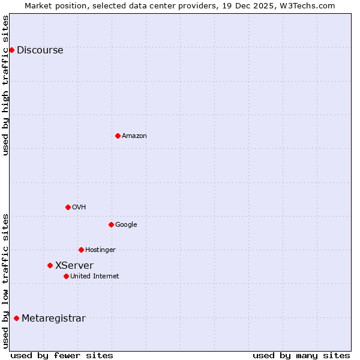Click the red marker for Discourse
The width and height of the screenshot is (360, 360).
pyautogui.click(x=11, y=50)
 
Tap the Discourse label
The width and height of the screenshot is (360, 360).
pyautogui.click(x=40, y=50)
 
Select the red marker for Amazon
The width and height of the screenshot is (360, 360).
pyautogui.click(x=118, y=136)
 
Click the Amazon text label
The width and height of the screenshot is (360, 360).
pyautogui.click(x=134, y=136)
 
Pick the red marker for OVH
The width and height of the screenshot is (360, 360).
pyautogui.click(x=68, y=207)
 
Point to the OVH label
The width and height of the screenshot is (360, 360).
pyautogui.click(x=79, y=208)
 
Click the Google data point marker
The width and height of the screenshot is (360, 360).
pyautogui.click(x=111, y=224)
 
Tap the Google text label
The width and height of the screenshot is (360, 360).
pyautogui.click(x=126, y=225)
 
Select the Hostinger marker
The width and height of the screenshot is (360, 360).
pyautogui.click(x=81, y=250)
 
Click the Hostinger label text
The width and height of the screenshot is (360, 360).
pyautogui.click(x=100, y=250)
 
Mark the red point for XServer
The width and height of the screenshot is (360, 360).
pyautogui.click(x=50, y=265)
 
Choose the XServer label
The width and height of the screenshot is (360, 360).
pyautogui.click(x=74, y=266)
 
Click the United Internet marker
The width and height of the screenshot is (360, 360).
pyautogui.click(x=66, y=276)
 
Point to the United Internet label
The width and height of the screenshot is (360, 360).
pyautogui.click(x=94, y=277)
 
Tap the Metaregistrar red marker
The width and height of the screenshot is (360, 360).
pyautogui.click(x=16, y=318)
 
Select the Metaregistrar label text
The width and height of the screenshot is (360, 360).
pyautogui.click(x=53, y=319)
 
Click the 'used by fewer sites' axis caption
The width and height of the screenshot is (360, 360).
pyautogui.click(x=62, y=355)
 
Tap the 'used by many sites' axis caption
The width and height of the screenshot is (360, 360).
pyautogui.click(x=301, y=355)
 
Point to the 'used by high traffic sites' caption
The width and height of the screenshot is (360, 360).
pyautogui.click(x=6, y=85)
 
